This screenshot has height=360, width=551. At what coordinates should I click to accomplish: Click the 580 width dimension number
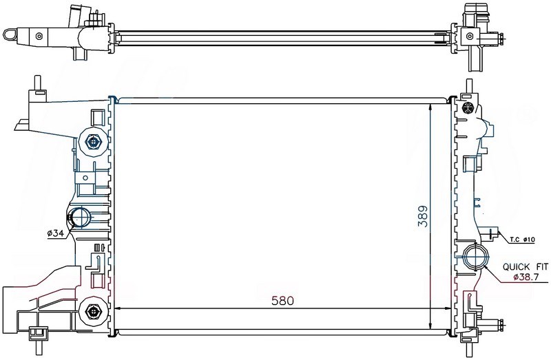(x=282, y=301)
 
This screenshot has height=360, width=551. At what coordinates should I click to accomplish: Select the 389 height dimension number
(x=424, y=216)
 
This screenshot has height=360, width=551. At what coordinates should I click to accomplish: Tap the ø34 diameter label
(x=56, y=233)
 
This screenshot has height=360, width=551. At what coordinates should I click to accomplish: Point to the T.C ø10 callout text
(x=522, y=240)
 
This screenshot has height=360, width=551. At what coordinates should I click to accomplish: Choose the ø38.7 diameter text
(x=526, y=277)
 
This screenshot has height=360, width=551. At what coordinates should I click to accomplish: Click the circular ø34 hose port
(x=81, y=218)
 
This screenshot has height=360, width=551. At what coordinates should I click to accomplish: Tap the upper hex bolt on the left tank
(x=93, y=142)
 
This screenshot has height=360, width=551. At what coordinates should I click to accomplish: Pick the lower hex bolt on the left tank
(x=93, y=311)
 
